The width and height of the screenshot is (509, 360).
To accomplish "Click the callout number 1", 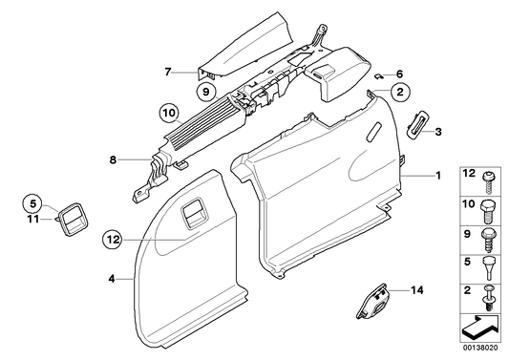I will [438, 178].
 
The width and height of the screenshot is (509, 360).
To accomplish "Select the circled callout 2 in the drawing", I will [400, 92].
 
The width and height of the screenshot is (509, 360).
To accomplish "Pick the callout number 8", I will [114, 161].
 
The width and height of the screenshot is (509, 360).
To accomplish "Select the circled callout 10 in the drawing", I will [168, 114].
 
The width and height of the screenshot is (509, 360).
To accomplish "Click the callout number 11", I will [31, 219].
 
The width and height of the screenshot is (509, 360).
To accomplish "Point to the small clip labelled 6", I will [379, 73].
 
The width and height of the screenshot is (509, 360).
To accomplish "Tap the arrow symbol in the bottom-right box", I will [483, 328].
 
